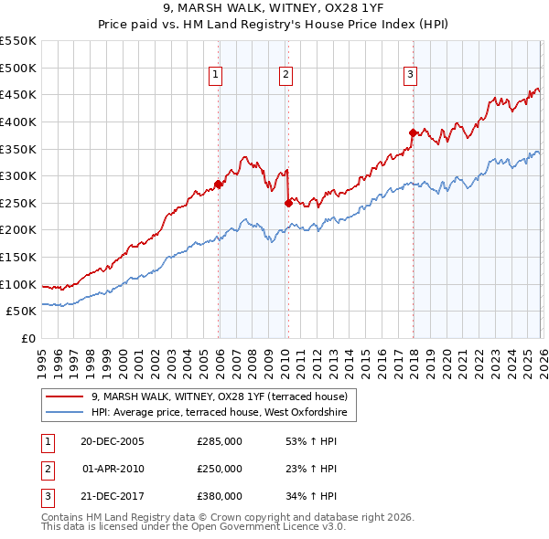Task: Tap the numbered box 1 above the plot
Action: pyautogui.click(x=216, y=75)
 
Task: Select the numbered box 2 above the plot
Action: pyautogui.click(x=285, y=75)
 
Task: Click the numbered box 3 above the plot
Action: pyautogui.click(x=411, y=75)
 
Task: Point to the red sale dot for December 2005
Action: pyautogui.click(x=219, y=184)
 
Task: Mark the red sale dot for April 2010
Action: pyautogui.click(x=288, y=203)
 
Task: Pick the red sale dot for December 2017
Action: pyautogui.click(x=413, y=132)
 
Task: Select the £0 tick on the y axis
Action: pyautogui.click(x=27, y=338)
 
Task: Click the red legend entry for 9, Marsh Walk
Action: pyautogui.click(x=220, y=396)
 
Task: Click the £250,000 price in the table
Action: pyautogui.click(x=220, y=469)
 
